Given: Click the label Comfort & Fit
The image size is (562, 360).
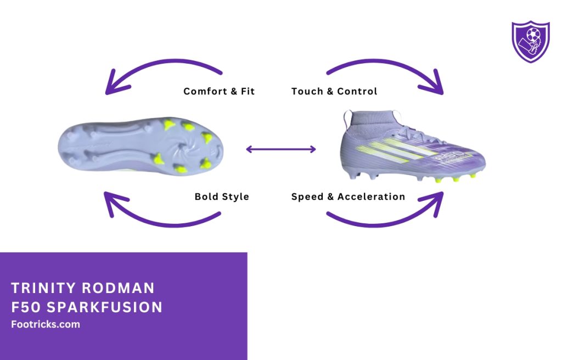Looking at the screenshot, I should tap(219, 91).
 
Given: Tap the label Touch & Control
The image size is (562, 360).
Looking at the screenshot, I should tap(334, 91).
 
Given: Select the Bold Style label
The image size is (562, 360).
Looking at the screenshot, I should tap(222, 196).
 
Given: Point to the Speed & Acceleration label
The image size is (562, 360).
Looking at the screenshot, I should tap(348, 196).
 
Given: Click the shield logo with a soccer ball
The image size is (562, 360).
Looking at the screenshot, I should tap(530, 42).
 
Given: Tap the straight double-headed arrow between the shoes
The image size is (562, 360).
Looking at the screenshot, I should tap(281, 149).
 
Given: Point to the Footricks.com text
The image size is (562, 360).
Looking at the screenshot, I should tap(46, 324).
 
